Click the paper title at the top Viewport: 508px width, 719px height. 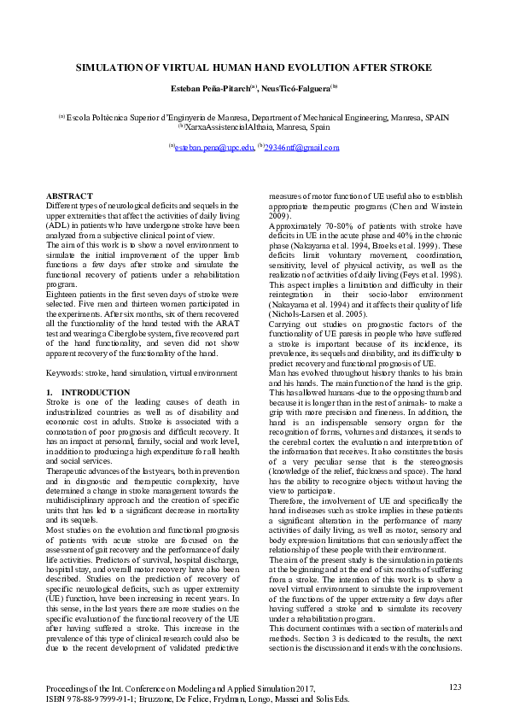click(x=254, y=67)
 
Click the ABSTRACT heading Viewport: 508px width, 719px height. click(x=69, y=196)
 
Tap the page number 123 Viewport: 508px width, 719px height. click(x=454, y=686)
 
